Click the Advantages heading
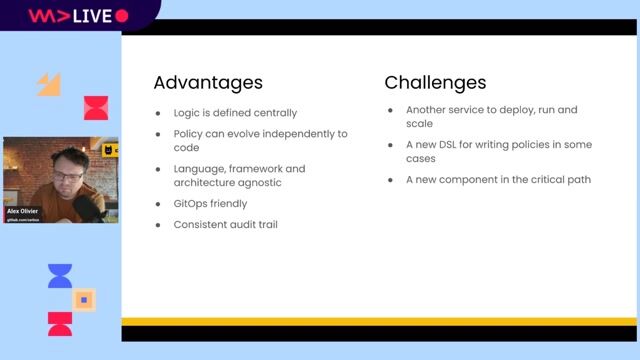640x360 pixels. (208, 82)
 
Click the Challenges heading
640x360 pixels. (435, 82)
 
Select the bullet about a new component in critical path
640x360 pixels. (498, 180)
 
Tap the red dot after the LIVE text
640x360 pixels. (122, 16)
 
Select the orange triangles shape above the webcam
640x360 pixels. (49, 84)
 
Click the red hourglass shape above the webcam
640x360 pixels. (95, 108)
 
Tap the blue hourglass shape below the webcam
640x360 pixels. (60, 276)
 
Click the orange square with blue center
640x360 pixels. (85, 299)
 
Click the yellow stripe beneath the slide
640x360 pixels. (379, 321)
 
